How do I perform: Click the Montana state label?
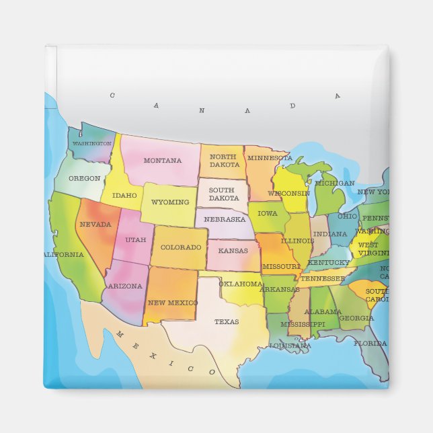point(162,161)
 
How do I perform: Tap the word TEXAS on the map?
point(227,321)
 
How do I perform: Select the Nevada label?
point(95,224)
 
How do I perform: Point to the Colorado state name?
point(181,247)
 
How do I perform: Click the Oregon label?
point(84,179)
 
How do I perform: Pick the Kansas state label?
point(233,250)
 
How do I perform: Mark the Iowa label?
point(267,213)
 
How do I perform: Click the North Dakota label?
point(224,161)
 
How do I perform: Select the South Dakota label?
point(223,194)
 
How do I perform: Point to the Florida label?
point(370,344)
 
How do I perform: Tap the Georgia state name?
point(356,318)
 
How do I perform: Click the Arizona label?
point(125,286)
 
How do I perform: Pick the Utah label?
point(135,240)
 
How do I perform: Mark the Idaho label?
point(124,196)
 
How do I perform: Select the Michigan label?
point(334,183)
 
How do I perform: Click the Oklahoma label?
point(240,284)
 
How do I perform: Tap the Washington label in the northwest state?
point(91,144)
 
